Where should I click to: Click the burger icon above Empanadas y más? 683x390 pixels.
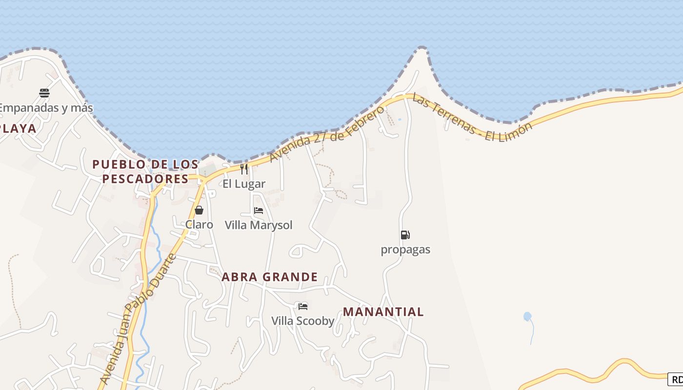(44, 93)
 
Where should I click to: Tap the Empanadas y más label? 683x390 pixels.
(45, 108)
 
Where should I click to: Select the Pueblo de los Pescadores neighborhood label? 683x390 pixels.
(145, 172)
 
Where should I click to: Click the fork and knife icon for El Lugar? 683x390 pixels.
(244, 169)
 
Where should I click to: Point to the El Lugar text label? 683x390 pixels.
(244, 184)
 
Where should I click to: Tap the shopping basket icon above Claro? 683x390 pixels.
(199, 210)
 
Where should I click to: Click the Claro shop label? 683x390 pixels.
(199, 225)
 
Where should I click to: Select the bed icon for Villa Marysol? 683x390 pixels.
(259, 211)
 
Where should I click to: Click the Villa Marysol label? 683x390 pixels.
(259, 225)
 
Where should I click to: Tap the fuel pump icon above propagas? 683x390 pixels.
(405, 235)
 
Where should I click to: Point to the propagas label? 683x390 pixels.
(405, 250)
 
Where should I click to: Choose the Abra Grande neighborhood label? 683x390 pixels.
(270, 277)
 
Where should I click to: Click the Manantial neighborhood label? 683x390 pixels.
(383, 312)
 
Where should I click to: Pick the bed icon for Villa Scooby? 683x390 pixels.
(303, 306)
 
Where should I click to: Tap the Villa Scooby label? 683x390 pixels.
(303, 321)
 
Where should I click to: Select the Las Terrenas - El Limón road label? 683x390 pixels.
(472, 117)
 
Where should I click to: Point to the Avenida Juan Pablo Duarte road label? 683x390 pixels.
(138, 319)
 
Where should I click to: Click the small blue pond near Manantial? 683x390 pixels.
(527, 316)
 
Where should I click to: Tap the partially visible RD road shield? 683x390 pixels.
(676, 379)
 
